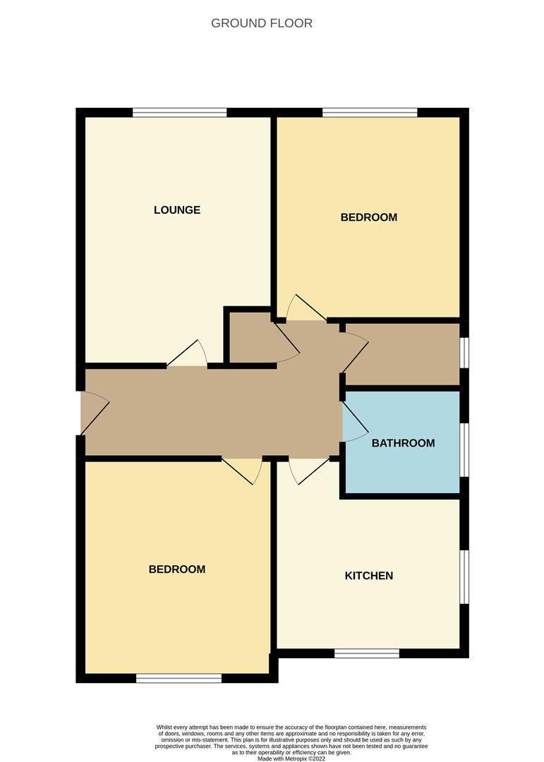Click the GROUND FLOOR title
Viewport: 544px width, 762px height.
point(262,23)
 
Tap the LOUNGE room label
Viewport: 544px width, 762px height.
point(177,210)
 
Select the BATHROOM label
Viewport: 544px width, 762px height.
point(403,443)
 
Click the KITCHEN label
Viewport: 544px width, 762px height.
point(368,576)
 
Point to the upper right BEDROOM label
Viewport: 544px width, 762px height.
point(368,217)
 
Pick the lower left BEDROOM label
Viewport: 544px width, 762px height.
point(176,569)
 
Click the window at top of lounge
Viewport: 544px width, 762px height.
point(179,111)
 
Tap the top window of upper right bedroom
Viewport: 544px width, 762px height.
point(370,111)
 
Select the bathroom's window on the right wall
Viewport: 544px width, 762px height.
point(464,449)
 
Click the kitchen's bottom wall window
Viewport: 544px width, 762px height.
point(367,653)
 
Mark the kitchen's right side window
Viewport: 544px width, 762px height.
point(464,577)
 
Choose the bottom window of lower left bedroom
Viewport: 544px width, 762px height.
point(179,678)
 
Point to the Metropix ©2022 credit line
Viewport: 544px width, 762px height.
point(291,758)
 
